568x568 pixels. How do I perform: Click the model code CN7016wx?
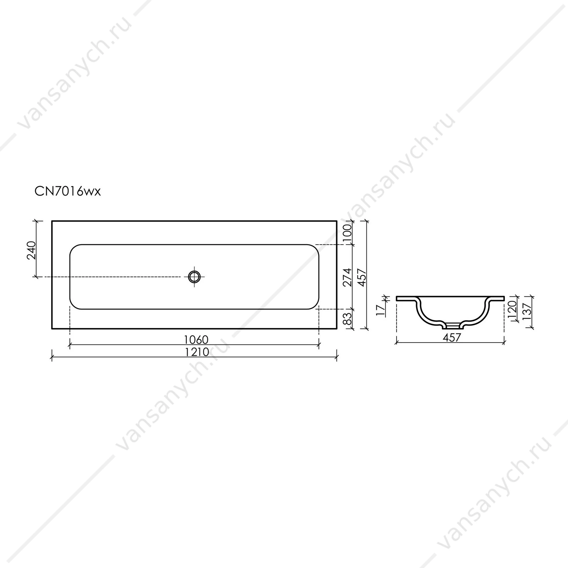(x=67, y=191)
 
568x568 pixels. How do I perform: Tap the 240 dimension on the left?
(x=32, y=250)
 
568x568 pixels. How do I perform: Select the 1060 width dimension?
(x=196, y=340)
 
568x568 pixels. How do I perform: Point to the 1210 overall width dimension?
(x=196, y=352)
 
